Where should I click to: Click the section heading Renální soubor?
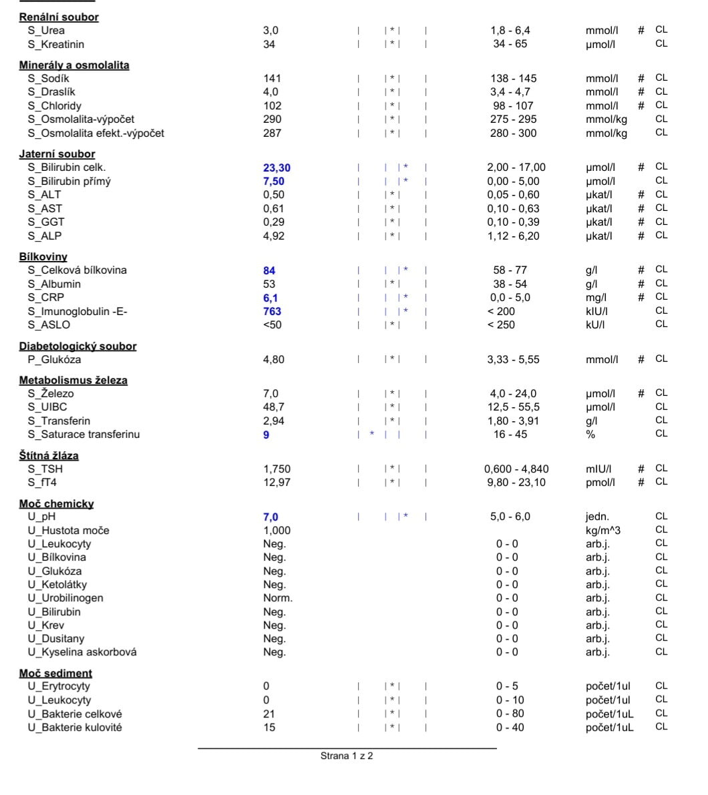(59, 17)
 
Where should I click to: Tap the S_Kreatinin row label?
(56, 45)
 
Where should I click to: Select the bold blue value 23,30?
(277, 168)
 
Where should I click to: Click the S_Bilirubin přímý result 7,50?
(274, 182)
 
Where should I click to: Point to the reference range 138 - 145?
(513, 79)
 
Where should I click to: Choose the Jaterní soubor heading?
(57, 154)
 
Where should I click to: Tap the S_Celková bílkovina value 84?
(269, 271)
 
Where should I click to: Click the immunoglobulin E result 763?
(272, 312)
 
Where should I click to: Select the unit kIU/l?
(596, 312)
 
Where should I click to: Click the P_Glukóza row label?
(54, 360)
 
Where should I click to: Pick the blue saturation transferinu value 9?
(266, 435)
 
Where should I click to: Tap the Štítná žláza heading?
(49, 456)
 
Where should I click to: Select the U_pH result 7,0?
(271, 517)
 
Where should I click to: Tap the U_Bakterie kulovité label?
(75, 728)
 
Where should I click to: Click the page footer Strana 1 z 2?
(347, 756)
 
